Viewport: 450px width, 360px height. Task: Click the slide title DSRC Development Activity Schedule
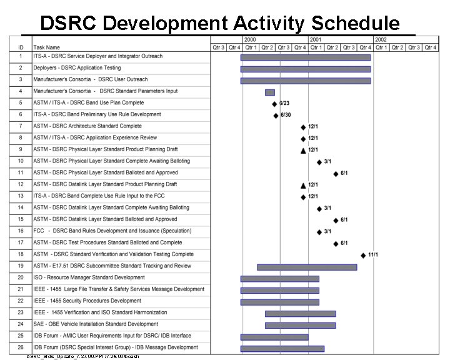pyautogui.click(x=219, y=23)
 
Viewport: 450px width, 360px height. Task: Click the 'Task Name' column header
pyautogui.click(x=47, y=47)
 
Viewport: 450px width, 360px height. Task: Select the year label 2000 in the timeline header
pyautogui.click(x=250, y=39)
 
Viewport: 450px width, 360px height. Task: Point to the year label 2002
pyautogui.click(x=381, y=39)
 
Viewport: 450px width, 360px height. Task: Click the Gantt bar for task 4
pyautogui.click(x=269, y=92)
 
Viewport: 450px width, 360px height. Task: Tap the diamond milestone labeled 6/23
pyautogui.click(x=274, y=104)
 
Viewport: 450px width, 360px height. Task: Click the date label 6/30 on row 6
pyautogui.click(x=286, y=115)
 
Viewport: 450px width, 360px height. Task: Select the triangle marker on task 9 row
pyautogui.click(x=303, y=150)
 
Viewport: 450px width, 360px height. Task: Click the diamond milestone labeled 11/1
pyautogui.click(x=363, y=255)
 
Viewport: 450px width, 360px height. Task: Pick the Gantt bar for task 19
pyautogui.click(x=306, y=267)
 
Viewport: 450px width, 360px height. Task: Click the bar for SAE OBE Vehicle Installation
pyautogui.click(x=300, y=325)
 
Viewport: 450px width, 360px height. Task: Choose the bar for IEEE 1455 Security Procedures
pyautogui.click(x=279, y=302)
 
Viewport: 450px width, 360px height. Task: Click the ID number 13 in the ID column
pyautogui.click(x=21, y=196)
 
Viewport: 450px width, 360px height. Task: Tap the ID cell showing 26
pyautogui.click(x=21, y=347)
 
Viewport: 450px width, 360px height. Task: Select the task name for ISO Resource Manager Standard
pyautogui.click(x=89, y=277)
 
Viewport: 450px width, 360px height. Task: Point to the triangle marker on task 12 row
pyautogui.click(x=303, y=185)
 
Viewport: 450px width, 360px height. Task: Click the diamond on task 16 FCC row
pyautogui.click(x=319, y=232)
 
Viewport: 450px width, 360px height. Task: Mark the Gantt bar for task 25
pyautogui.click(x=274, y=337)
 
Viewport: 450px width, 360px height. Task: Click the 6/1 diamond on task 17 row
pyautogui.click(x=336, y=244)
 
